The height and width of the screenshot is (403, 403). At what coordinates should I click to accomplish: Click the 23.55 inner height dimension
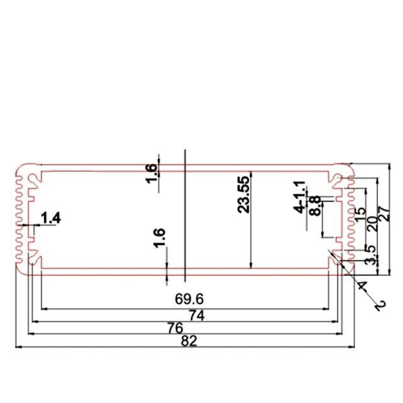pos(244,195)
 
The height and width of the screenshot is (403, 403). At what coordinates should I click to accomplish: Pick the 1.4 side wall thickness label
pos(50,219)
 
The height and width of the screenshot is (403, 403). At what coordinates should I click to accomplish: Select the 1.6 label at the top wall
pos(152,173)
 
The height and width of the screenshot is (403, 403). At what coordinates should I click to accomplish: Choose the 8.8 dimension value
pos(315,205)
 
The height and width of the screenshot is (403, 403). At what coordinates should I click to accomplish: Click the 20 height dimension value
pos(373,222)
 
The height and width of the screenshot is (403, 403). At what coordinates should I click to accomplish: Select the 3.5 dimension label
pos(371,258)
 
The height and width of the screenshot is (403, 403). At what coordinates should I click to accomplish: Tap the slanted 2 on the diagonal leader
pos(379,306)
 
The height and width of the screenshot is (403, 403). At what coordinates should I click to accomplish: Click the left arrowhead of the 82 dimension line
pos(17,347)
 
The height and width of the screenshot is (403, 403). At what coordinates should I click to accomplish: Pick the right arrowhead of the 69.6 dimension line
pos(325,309)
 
